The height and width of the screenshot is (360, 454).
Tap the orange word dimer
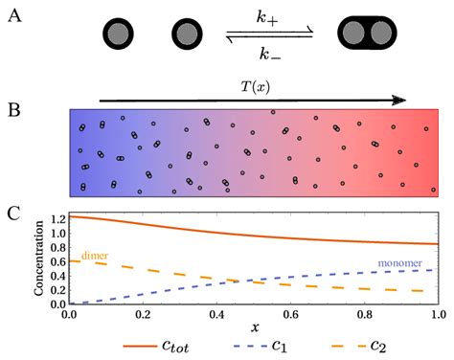pos(91,256)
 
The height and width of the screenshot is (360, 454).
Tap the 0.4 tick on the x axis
pos(217,314)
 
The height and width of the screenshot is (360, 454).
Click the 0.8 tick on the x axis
pos(365,314)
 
